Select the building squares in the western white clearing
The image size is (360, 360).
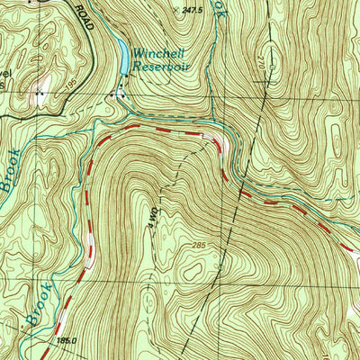[x=39, y=92]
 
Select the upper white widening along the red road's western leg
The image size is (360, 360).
[x=92, y=241]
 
